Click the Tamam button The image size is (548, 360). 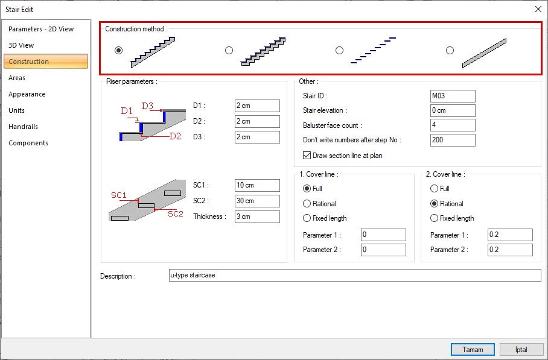[x=473, y=350]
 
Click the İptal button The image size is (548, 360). [x=521, y=350]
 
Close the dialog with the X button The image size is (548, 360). [x=538, y=9]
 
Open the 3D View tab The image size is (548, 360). [x=21, y=45]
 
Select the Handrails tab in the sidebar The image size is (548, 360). [x=23, y=127]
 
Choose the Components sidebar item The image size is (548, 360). [x=28, y=143]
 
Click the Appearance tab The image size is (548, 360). [x=27, y=94]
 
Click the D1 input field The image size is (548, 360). [x=257, y=106]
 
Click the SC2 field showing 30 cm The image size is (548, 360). [x=257, y=201]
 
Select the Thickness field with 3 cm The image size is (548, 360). [x=257, y=216]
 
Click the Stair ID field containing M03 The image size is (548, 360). [x=453, y=96]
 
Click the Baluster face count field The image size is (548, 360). [x=453, y=125]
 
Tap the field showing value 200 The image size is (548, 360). [x=453, y=140]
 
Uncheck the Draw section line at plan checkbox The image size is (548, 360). [x=307, y=156]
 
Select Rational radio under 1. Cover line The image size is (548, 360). [x=307, y=204]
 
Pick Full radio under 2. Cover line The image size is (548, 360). [x=434, y=189]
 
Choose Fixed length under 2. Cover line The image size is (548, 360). [x=434, y=218]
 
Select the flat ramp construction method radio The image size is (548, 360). [x=450, y=51]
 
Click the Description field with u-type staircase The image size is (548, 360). [x=355, y=276]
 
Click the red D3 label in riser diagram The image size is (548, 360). [x=147, y=106]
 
